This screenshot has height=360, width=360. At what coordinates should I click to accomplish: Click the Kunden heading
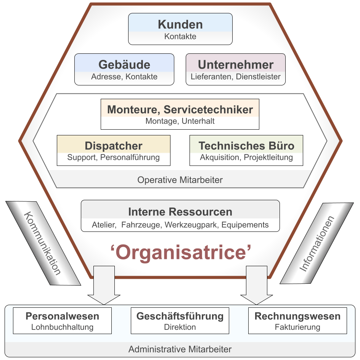[180, 25]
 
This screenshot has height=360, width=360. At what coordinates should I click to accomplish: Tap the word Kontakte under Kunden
[180, 37]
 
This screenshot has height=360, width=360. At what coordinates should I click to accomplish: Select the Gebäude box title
[124, 64]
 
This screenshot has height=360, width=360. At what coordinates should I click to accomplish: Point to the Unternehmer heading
[236, 64]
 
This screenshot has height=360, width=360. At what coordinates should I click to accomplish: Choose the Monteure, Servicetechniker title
[180, 110]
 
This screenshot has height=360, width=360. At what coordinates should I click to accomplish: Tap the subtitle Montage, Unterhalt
[180, 121]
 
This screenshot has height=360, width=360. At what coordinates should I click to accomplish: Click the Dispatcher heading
[114, 146]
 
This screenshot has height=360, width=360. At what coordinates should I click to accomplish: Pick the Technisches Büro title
[246, 146]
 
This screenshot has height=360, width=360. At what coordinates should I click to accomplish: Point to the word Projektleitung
[268, 157]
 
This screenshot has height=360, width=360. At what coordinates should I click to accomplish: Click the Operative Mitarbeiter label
[180, 180]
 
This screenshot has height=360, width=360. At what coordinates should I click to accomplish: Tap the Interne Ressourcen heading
[180, 212]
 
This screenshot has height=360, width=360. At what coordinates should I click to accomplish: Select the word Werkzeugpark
[192, 225]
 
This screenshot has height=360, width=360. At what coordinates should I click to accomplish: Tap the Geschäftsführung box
[180, 321]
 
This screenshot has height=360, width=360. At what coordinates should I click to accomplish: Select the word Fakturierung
[297, 327]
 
